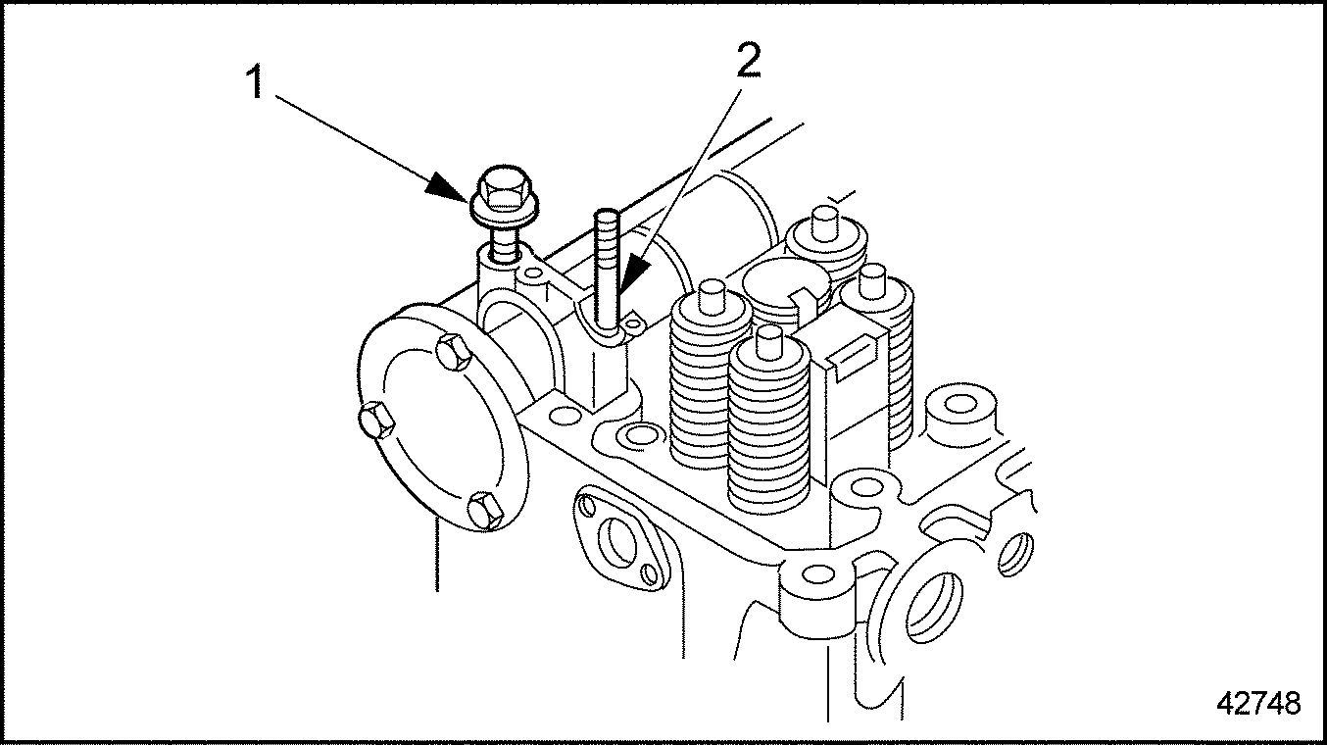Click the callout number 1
pyautogui.click(x=255, y=83)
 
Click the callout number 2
pyautogui.click(x=748, y=61)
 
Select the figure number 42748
pyautogui.click(x=1258, y=704)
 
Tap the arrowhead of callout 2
pyautogui.click(x=634, y=273)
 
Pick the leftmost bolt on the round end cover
pyautogui.click(x=375, y=420)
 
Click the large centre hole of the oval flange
pyautogui.click(x=617, y=539)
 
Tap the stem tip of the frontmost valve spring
pyautogui.click(x=769, y=342)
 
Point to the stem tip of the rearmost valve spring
pyautogui.click(x=821, y=223)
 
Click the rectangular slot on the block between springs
pyautogui.click(x=851, y=357)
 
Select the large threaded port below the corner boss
pyautogui.click(x=934, y=607)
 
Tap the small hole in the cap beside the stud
pyautogui.click(x=634, y=323)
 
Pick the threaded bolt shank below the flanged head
pyautogui.click(x=505, y=244)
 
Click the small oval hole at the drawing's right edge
pyautogui.click(x=1015, y=554)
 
